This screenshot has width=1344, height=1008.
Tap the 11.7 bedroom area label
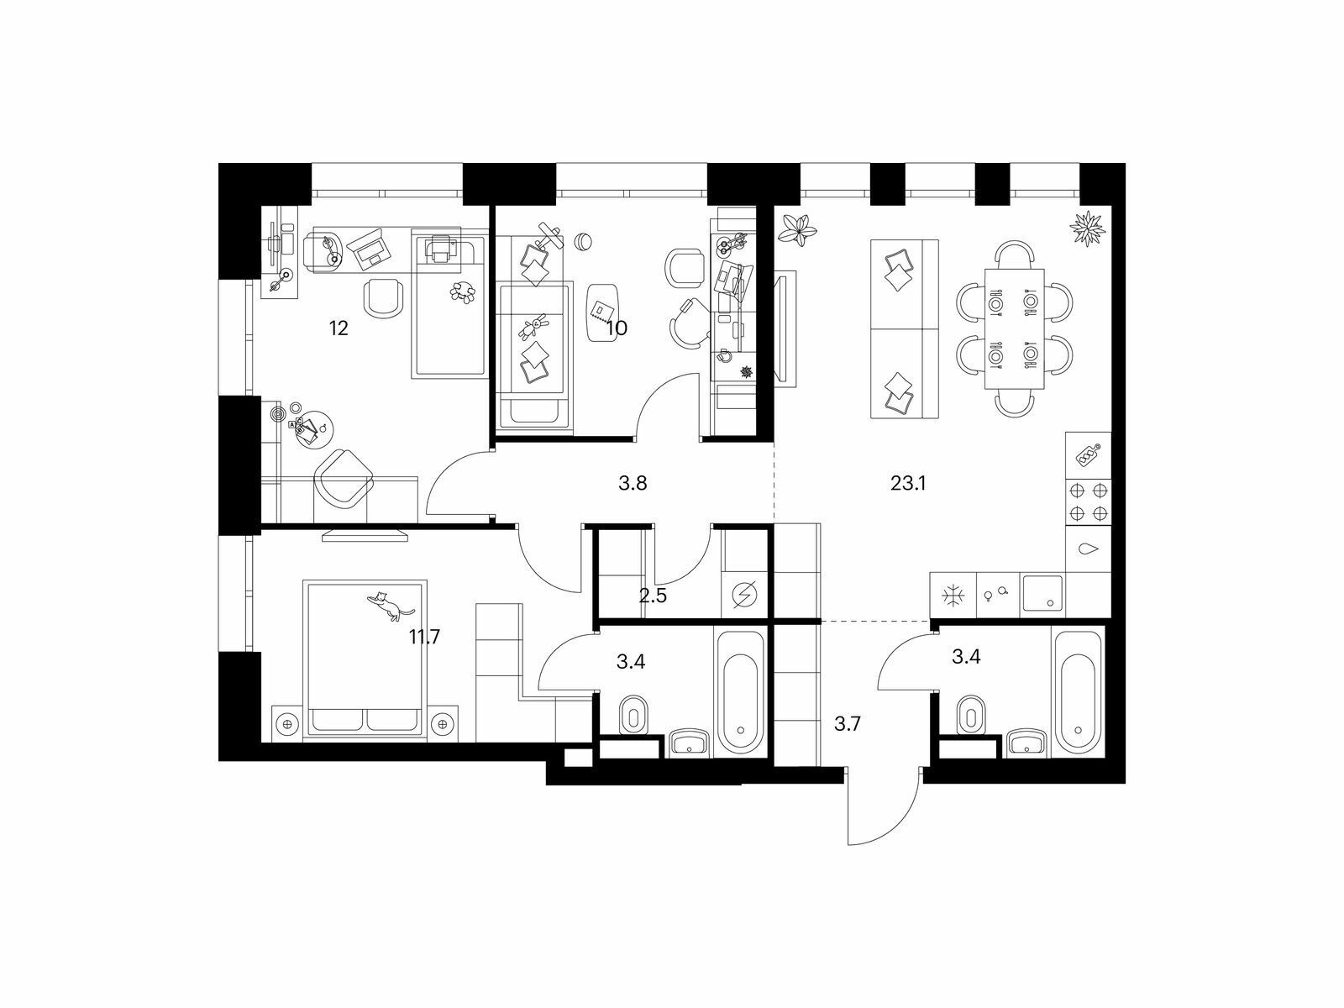pyautogui.click(x=425, y=637)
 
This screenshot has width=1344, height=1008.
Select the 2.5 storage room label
pyautogui.click(x=653, y=596)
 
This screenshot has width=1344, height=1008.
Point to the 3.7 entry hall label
pyautogui.click(x=848, y=724)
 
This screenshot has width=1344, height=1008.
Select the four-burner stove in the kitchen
pyautogui.click(x=1088, y=502)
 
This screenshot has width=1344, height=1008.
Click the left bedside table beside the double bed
pyautogui.click(x=288, y=723)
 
